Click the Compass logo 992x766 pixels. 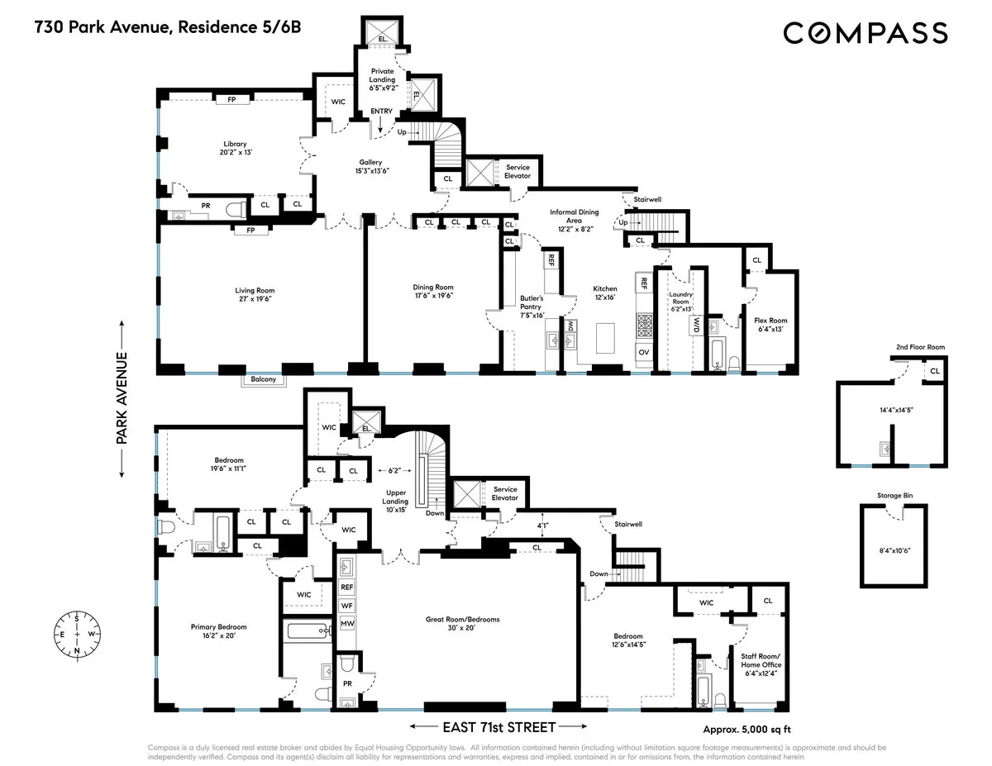[x=865, y=33]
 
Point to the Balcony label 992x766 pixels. [x=260, y=380]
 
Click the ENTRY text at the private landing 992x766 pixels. [x=381, y=111]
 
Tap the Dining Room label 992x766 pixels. [x=433, y=292]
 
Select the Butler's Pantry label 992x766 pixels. [x=531, y=305]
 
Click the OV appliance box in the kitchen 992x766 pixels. [x=644, y=352]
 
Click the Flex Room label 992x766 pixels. [x=770, y=325]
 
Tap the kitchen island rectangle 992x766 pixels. [x=605, y=338]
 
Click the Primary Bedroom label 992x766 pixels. [x=218, y=631]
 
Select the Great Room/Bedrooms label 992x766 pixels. [x=462, y=624]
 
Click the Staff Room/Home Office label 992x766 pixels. [x=761, y=670]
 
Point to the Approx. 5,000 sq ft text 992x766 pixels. [x=747, y=729]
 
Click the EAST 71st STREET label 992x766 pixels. [x=498, y=727]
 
